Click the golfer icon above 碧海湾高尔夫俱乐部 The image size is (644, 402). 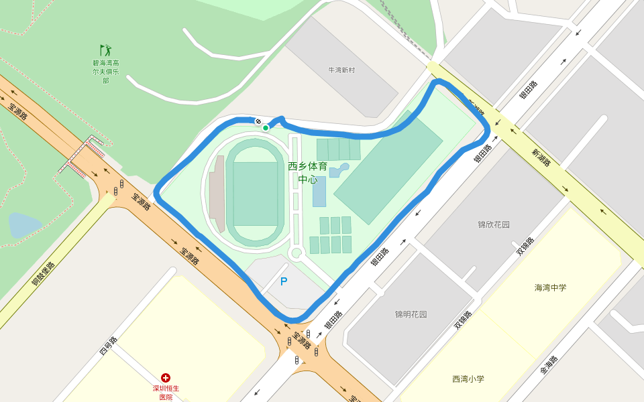[x=106, y=50]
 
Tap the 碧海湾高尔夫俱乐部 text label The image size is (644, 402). [x=106, y=72]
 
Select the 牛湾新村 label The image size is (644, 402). [x=341, y=70]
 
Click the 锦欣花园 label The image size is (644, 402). [x=494, y=224]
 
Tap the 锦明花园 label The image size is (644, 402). [x=411, y=314]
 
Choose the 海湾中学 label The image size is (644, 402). [x=550, y=287]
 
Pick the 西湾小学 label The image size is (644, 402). [x=468, y=379]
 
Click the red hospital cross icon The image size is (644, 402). [x=166, y=379]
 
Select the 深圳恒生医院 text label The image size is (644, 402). [x=166, y=393]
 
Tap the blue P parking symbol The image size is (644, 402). [x=284, y=282]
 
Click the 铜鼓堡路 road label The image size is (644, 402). [x=43, y=274]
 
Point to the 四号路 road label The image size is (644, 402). [x=108, y=346]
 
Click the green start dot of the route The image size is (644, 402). [x=266, y=128]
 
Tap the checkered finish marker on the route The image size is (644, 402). [x=258, y=121]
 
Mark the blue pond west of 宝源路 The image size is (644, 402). [x=23, y=225]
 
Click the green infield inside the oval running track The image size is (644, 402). [x=255, y=194]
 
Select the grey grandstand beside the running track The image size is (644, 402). [x=217, y=195]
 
